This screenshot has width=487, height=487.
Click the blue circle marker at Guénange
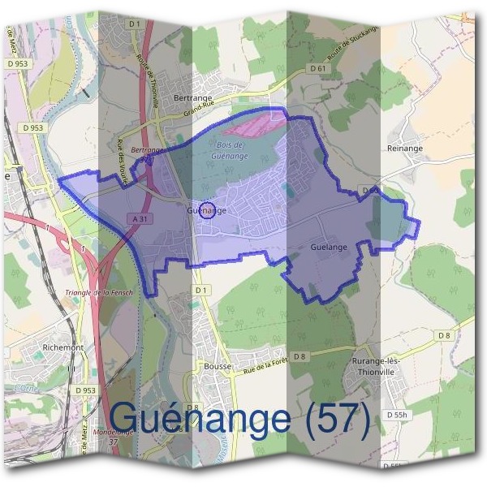click(206, 210)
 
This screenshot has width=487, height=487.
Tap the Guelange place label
click(330, 247)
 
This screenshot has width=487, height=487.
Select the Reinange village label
click(405, 149)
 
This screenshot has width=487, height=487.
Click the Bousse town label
click(218, 366)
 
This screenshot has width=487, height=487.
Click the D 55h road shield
click(397, 415)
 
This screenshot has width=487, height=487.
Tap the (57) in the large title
click(334, 418)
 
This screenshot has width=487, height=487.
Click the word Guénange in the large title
click(199, 418)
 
